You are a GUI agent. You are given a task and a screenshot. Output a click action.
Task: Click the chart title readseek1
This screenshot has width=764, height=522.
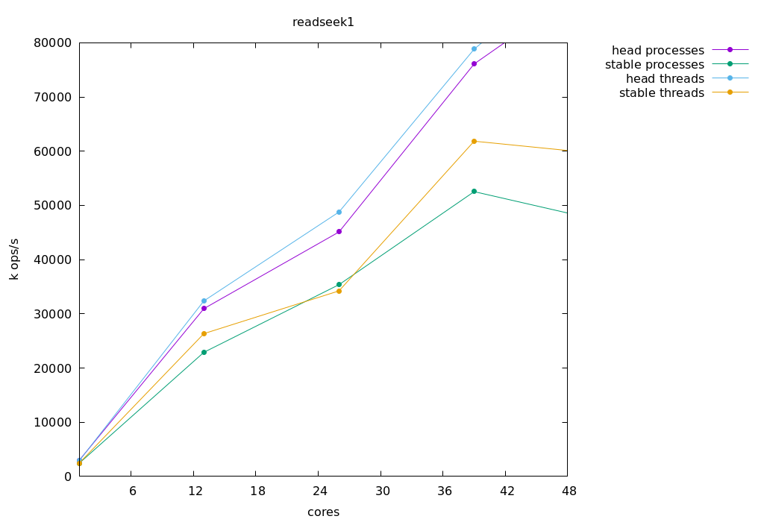323,22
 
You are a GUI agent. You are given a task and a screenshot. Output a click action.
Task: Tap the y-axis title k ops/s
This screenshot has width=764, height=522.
14,259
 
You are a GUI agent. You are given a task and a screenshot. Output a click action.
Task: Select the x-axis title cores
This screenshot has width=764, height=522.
323,512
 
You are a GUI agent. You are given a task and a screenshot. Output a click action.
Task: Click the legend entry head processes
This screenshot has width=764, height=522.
658,50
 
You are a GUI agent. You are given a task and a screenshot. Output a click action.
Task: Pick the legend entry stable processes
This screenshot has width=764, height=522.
654,64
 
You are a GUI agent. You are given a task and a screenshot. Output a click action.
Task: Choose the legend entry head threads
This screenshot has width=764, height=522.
665,78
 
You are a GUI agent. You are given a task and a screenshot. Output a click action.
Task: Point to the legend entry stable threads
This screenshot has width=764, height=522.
662,92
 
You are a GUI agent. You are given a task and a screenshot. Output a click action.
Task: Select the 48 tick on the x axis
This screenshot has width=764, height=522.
567,491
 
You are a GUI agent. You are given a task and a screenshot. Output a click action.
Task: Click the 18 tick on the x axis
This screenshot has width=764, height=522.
255,491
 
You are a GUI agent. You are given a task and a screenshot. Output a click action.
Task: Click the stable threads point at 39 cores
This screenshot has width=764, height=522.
474,141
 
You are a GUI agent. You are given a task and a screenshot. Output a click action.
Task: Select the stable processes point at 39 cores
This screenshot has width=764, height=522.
474,192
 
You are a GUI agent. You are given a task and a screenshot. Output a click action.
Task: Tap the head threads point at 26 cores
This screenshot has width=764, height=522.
339,212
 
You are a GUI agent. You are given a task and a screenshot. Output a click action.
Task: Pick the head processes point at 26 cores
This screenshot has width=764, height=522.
339,231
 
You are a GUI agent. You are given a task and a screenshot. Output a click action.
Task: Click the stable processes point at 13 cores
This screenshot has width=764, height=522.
204,352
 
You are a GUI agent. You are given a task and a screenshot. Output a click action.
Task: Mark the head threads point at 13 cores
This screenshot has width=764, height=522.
204,301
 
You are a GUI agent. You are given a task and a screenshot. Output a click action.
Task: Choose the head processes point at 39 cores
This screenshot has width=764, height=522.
474,63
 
